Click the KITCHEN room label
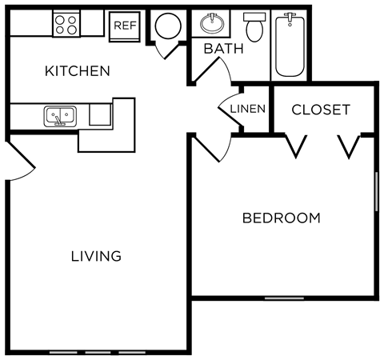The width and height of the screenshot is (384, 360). pyautogui.click(x=77, y=71)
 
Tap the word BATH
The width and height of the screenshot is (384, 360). pyautogui.click(x=223, y=49)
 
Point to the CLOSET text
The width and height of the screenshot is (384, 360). pyautogui.click(x=320, y=109)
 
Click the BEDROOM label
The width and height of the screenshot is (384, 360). pyautogui.click(x=281, y=218)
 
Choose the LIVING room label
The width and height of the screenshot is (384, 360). pyautogui.click(x=96, y=256)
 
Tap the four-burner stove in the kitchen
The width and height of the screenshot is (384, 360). pyautogui.click(x=66, y=24)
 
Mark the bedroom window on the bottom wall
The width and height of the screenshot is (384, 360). pyautogui.click(x=284, y=298)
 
